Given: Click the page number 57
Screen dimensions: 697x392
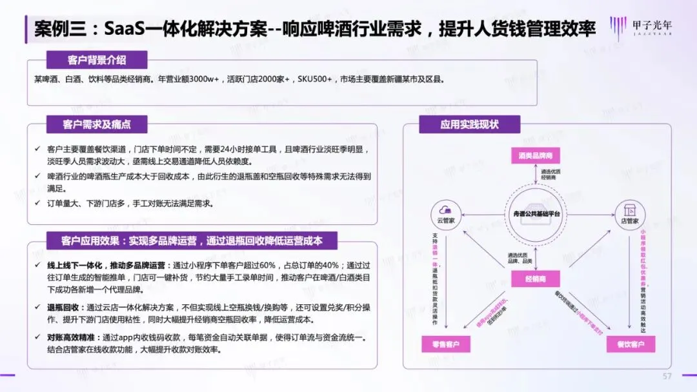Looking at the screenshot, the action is click(x=667, y=376).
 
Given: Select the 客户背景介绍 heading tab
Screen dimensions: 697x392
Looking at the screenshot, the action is click(x=97, y=61).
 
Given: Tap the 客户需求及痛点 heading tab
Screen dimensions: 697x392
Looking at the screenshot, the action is click(x=96, y=124).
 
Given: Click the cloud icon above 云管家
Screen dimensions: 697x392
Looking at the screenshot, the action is click(x=444, y=208).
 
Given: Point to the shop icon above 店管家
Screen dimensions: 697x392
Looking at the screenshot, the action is click(x=630, y=208).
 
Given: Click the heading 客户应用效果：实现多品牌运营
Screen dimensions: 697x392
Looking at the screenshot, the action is click(x=191, y=241).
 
